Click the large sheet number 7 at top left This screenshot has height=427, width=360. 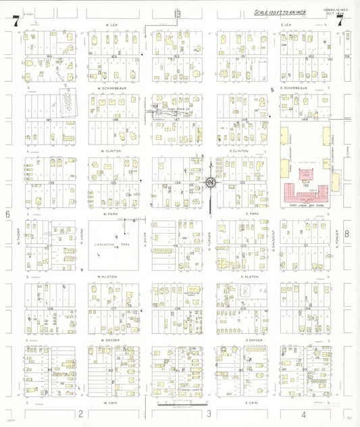click(15, 21)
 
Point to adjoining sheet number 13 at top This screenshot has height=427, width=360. click(178, 14)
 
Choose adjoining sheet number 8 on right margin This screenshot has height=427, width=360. click(346, 234)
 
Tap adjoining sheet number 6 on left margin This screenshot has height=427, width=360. click(9, 214)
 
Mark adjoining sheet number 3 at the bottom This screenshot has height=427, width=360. click(209, 413)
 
